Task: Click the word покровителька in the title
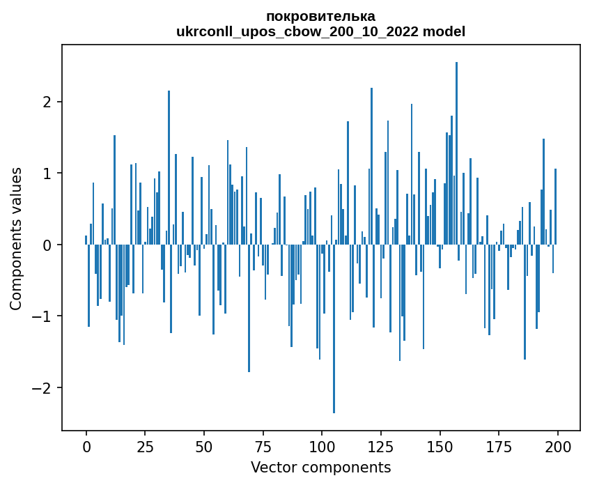tap(320, 16)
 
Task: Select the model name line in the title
tap(320, 32)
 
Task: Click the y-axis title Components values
tap(16, 238)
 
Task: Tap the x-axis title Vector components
tap(320, 467)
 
